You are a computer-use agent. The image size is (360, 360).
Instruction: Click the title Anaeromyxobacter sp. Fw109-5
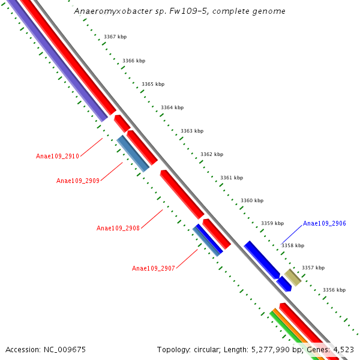pyautogui.click(x=179, y=11)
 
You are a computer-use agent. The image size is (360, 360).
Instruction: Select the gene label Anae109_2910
pyautogui.click(x=58, y=156)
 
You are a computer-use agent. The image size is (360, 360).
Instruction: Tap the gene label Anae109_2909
pyautogui.click(x=78, y=181)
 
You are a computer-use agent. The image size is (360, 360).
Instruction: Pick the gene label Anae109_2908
pyautogui.click(x=118, y=228)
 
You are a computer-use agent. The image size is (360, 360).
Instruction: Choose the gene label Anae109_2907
pyautogui.click(x=154, y=268)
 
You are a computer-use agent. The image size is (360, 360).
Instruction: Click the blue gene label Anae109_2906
pyautogui.click(x=325, y=223)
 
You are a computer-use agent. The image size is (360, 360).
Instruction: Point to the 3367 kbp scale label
pyautogui.click(x=115, y=37)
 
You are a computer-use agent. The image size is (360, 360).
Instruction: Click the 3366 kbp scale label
pyautogui.click(x=134, y=61)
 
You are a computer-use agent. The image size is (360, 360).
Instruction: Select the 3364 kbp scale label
pyautogui.click(x=172, y=107)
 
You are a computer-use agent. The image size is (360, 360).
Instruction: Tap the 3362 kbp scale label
pyautogui.click(x=212, y=154)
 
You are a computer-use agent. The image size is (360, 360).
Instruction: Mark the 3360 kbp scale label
pyautogui.click(x=252, y=200)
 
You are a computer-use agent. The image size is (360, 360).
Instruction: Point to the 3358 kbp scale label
pyautogui.click(x=293, y=245)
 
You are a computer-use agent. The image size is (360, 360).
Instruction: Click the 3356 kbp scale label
pyautogui.click(x=334, y=290)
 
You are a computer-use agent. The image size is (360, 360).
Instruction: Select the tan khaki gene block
pyautogui.click(x=293, y=277)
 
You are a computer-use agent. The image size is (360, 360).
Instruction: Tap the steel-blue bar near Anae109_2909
pyautogui.click(x=133, y=154)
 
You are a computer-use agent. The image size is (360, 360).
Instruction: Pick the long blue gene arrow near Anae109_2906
pyautogui.click(x=262, y=259)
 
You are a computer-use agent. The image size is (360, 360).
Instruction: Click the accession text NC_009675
pyautogui.click(x=46, y=349)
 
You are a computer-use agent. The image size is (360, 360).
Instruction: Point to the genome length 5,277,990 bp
pyautogui.click(x=271, y=349)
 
